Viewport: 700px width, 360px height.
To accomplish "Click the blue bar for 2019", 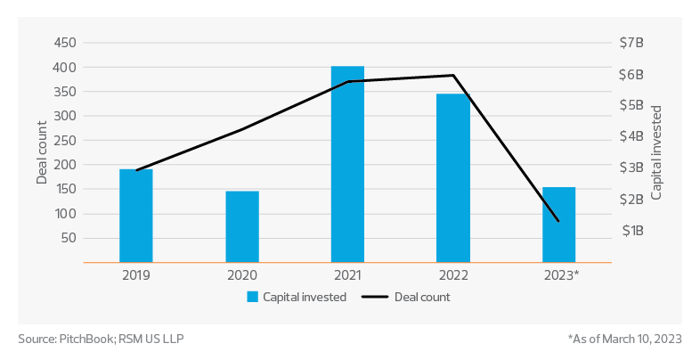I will tap(136, 216).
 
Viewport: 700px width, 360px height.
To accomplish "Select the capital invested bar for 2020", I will tap(242, 226).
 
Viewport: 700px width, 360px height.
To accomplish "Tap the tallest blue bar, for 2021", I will tap(347, 165).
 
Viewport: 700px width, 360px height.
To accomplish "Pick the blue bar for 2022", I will tap(453, 178).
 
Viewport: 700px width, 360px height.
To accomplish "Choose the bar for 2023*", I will tap(559, 225).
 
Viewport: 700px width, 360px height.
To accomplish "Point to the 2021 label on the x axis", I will tap(347, 276).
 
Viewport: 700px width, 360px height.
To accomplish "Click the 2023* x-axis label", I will tap(561, 276).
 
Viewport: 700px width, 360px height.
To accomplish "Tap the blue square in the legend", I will tap(253, 297).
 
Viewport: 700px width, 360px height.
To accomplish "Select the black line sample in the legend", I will tap(379, 297).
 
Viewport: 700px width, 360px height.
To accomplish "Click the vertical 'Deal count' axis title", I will tap(42, 151).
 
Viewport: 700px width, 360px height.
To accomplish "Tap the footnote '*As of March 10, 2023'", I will tap(623, 339).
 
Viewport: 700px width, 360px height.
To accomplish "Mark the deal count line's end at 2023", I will tap(558, 221).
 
